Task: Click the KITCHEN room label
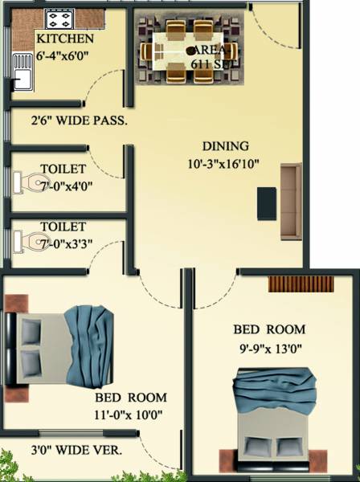click(65, 39)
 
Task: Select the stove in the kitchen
click(59, 18)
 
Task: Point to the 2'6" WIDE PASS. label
click(79, 121)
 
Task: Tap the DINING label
click(225, 147)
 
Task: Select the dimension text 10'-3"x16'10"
click(224, 164)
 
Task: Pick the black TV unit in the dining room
click(266, 204)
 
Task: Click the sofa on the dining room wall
click(290, 201)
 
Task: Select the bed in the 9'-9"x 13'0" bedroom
click(269, 418)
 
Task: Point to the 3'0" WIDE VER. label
click(77, 451)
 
